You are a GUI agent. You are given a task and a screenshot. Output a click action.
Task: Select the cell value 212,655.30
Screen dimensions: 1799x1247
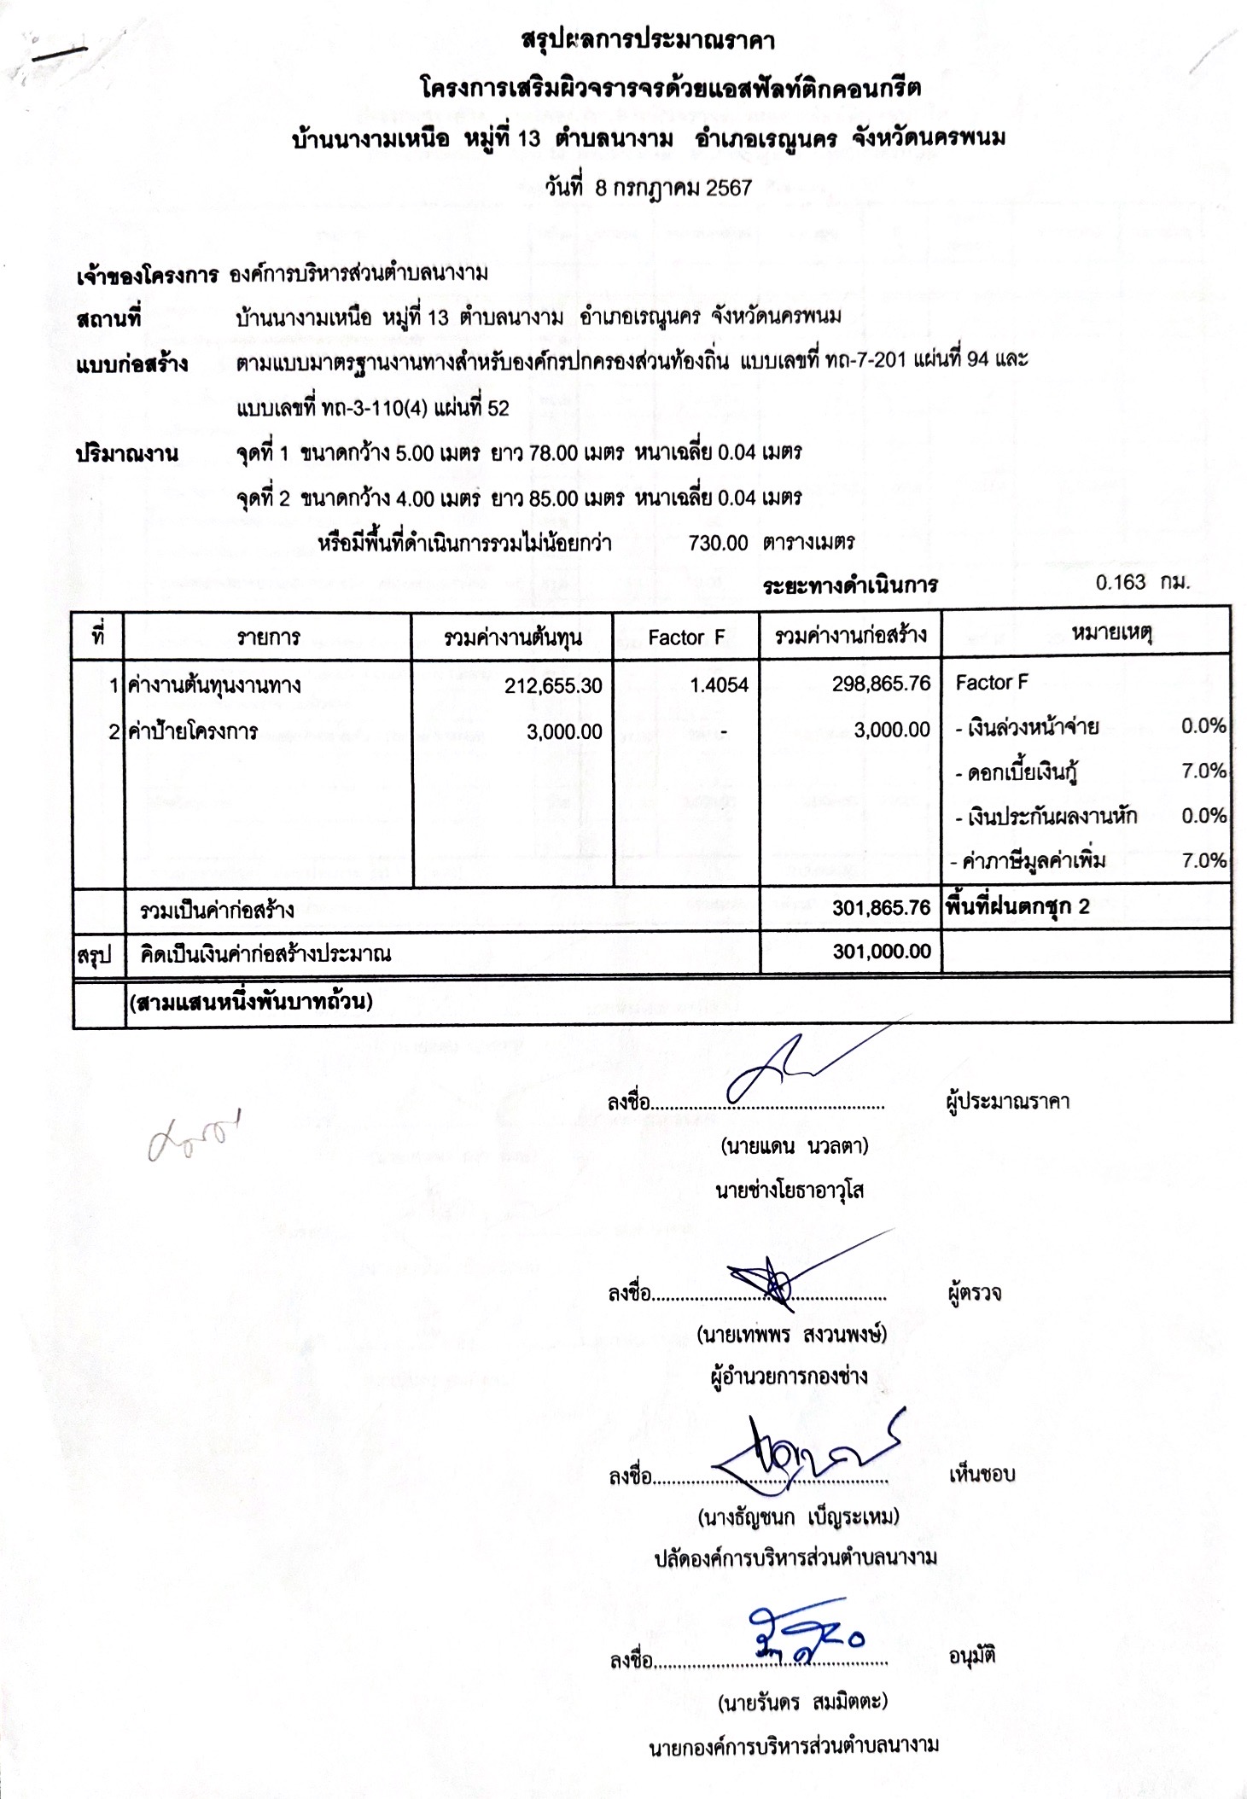(553, 685)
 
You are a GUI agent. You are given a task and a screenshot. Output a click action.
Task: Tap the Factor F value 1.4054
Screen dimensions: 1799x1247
(719, 684)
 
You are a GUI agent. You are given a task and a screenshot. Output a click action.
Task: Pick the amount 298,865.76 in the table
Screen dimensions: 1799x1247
(881, 684)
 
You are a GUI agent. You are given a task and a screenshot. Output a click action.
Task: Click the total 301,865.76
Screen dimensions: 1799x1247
(881, 907)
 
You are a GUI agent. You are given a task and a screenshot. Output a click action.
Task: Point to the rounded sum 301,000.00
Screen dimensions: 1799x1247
(881, 952)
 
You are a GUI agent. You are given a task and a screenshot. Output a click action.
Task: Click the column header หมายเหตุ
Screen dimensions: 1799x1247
(1111, 632)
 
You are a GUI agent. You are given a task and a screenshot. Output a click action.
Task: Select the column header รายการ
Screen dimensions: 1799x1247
(268, 637)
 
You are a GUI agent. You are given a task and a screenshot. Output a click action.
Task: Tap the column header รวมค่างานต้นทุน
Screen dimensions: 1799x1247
(512, 637)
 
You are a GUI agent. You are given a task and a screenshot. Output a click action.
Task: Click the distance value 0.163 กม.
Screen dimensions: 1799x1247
(1142, 583)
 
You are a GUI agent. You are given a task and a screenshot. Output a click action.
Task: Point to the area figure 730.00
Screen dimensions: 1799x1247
(718, 543)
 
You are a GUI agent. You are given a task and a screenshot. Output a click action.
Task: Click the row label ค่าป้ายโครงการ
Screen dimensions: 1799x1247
(193, 731)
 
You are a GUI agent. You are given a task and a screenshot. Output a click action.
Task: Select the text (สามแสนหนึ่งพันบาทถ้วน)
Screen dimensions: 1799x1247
(251, 1001)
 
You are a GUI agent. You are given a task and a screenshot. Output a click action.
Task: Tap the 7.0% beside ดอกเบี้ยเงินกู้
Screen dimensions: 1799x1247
(1203, 771)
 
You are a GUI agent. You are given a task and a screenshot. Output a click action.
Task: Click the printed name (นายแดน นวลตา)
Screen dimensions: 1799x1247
(794, 1145)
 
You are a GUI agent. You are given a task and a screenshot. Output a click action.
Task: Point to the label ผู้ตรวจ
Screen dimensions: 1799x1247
(974, 1294)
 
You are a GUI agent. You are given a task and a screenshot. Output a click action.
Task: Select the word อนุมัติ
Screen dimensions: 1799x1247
(972, 1656)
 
